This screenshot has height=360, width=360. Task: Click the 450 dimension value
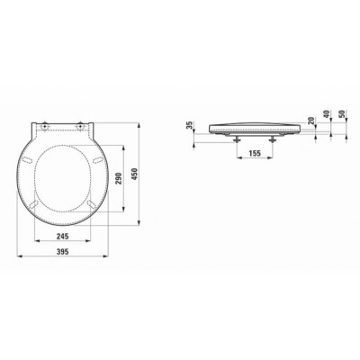(x=135, y=174)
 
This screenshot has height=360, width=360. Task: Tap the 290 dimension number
(x=120, y=178)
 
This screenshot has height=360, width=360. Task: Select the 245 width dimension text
(x=63, y=236)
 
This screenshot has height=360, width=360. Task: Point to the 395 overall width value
(x=63, y=252)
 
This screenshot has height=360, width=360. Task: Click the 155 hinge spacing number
(x=255, y=153)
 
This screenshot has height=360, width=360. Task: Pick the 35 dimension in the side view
(x=189, y=125)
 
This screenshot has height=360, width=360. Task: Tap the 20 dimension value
(x=311, y=121)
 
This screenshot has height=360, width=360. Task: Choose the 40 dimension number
(x=327, y=114)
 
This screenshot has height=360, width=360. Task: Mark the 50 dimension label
(x=343, y=114)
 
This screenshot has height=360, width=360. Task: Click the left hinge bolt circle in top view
(x=45, y=127)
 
